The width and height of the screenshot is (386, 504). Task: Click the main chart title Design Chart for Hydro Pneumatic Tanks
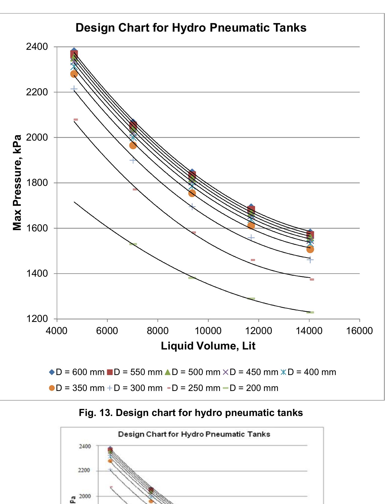(191, 28)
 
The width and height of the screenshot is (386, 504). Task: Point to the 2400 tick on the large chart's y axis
(37, 47)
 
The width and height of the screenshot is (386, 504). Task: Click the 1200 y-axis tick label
(37, 319)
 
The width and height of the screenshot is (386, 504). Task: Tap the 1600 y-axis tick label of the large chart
(37, 228)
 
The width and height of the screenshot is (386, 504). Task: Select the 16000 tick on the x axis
(359, 331)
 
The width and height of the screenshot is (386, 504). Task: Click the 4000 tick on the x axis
(57, 331)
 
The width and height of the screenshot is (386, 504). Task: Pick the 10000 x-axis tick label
(208, 331)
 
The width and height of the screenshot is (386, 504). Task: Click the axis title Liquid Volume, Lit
(208, 346)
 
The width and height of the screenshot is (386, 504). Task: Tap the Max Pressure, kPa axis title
(17, 183)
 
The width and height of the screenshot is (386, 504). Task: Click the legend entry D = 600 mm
(77, 372)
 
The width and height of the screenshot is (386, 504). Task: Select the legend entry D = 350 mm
(77, 388)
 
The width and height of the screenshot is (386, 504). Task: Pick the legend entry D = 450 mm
(251, 372)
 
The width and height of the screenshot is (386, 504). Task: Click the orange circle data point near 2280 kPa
(74, 74)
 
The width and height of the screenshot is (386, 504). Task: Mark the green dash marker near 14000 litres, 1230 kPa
(310, 312)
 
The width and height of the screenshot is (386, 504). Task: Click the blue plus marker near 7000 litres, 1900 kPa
(133, 160)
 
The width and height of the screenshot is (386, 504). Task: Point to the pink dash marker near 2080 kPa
(76, 119)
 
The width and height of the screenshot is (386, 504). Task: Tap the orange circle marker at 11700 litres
(251, 225)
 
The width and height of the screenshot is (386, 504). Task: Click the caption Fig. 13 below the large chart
(191, 413)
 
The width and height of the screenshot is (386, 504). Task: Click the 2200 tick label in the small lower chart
(85, 470)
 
